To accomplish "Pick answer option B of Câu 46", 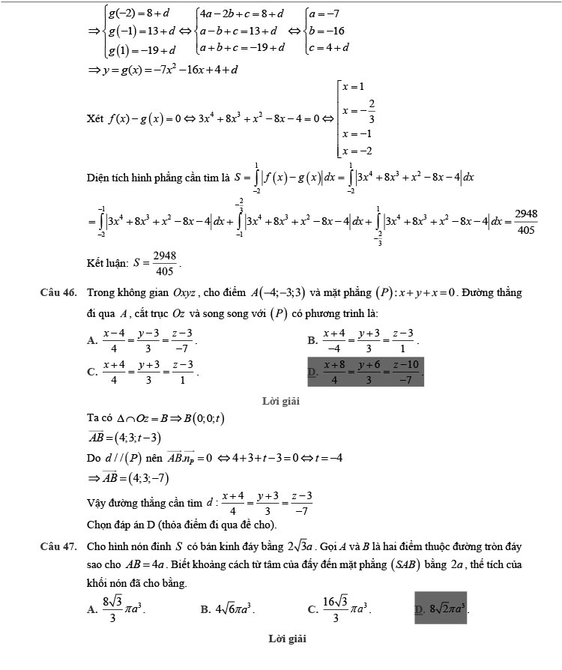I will tap(368, 339).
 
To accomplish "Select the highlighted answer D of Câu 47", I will tap(441, 609).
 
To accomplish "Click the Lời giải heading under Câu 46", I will tap(281, 402).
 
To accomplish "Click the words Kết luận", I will tap(107, 262).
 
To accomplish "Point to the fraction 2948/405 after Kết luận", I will tap(163, 263).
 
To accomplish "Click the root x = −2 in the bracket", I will tap(357, 151).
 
